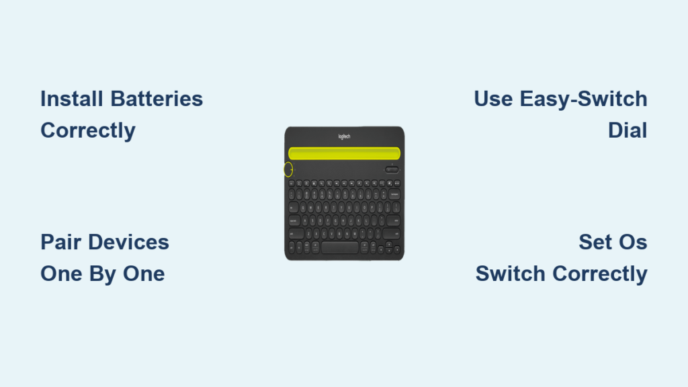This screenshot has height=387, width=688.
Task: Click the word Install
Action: pyautogui.click(x=72, y=99)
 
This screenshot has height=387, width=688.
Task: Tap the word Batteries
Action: pyautogui.click(x=157, y=99)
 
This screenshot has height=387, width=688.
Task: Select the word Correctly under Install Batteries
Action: pyautogui.click(x=88, y=131)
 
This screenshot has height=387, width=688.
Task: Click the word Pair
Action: pyautogui.click(x=60, y=242)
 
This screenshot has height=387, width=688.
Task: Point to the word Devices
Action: pyautogui.click(x=128, y=242)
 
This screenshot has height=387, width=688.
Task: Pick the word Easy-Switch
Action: pyautogui.click(x=584, y=99)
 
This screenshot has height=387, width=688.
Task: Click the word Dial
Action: pyautogui.click(x=628, y=131)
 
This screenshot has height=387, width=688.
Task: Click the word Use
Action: pyautogui.click(x=493, y=99)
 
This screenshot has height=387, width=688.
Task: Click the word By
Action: pyautogui.click(x=103, y=274)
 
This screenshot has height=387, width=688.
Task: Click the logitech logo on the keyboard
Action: pyautogui.click(x=345, y=136)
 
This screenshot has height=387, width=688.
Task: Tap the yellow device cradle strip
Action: pyautogui.click(x=345, y=153)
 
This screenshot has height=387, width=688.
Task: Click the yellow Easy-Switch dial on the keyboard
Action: pyautogui.click(x=288, y=169)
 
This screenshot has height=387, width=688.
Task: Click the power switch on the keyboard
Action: pyautogui.click(x=392, y=170)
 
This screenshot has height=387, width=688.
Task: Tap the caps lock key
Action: pyautogui.click(x=294, y=221)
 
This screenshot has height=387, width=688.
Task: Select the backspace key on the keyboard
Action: pyautogui.click(x=394, y=194)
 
